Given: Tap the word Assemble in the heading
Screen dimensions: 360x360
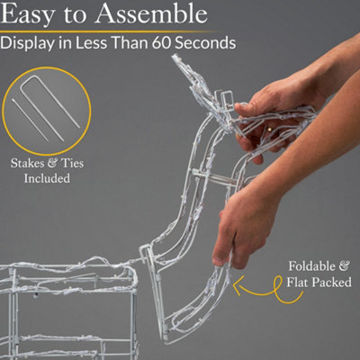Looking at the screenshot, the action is coord(151,13).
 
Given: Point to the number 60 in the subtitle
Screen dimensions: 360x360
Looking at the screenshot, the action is coord(161,42).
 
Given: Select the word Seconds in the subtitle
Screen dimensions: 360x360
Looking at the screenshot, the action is coord(205,42).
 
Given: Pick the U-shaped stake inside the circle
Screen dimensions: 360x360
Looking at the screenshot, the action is coord(51,101).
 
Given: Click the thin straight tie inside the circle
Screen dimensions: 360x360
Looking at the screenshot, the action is coord(31,120).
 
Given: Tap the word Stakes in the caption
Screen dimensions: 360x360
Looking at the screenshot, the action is coord(27,164).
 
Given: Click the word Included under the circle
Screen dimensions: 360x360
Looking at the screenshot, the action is coord(47,178).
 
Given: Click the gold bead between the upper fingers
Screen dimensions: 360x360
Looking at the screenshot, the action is coord(270,130).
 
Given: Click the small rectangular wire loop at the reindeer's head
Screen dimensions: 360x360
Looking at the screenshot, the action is coord(227,102).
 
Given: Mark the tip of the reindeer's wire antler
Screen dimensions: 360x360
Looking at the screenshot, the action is coord(175,56).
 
